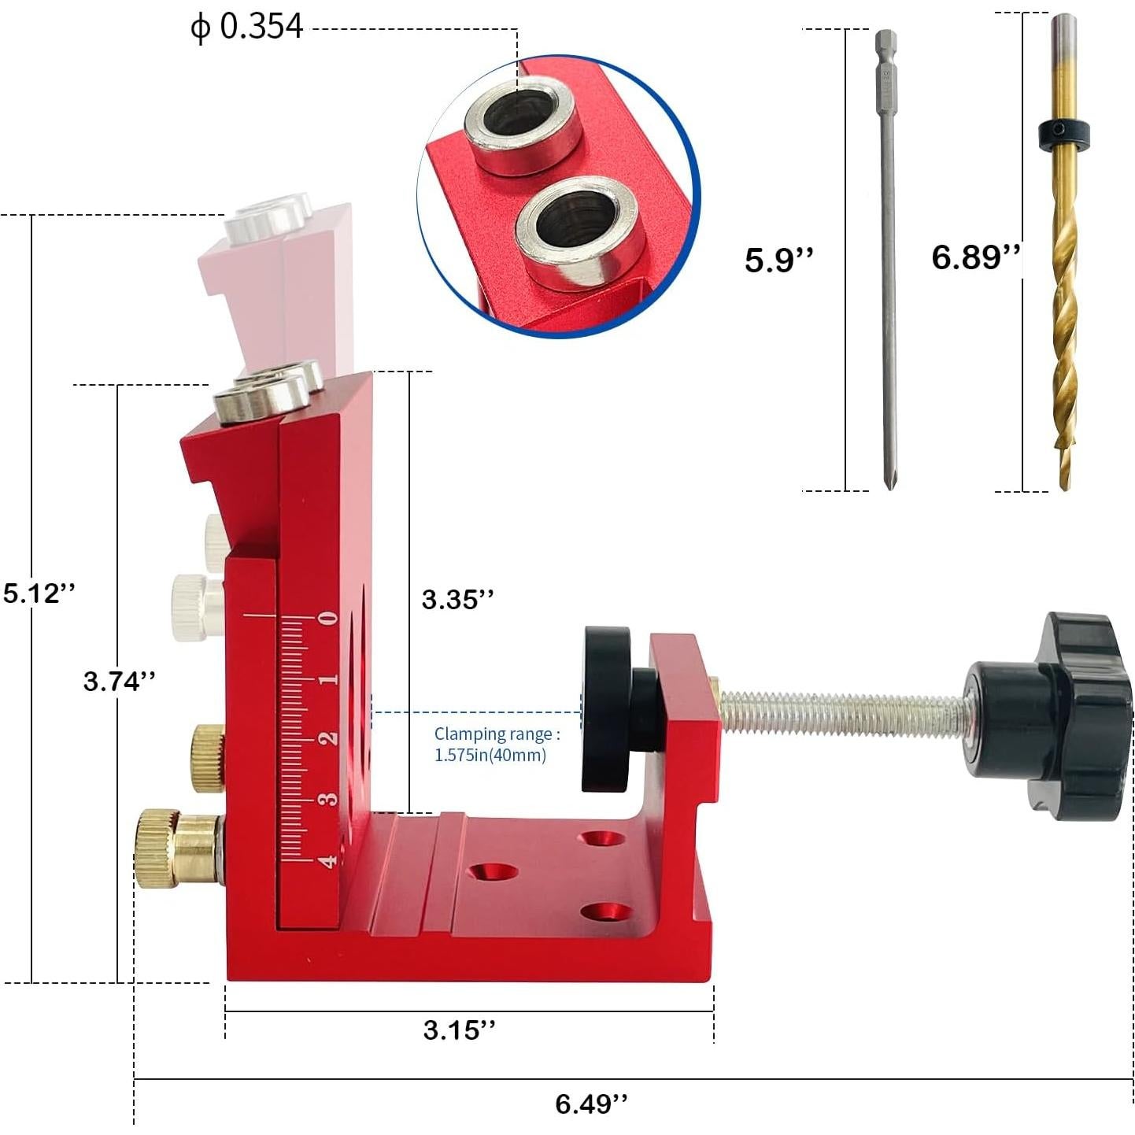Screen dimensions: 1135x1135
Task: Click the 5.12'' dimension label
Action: tap(39, 593)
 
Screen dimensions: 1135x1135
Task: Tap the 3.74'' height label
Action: tap(120, 682)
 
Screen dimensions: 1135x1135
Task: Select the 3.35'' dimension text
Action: tap(457, 600)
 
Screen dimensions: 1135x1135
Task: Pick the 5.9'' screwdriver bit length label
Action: tap(778, 260)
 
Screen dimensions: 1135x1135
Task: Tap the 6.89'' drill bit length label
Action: tap(975, 257)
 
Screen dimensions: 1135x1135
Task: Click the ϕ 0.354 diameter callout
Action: tap(247, 27)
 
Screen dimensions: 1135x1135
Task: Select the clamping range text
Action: tap(497, 745)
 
